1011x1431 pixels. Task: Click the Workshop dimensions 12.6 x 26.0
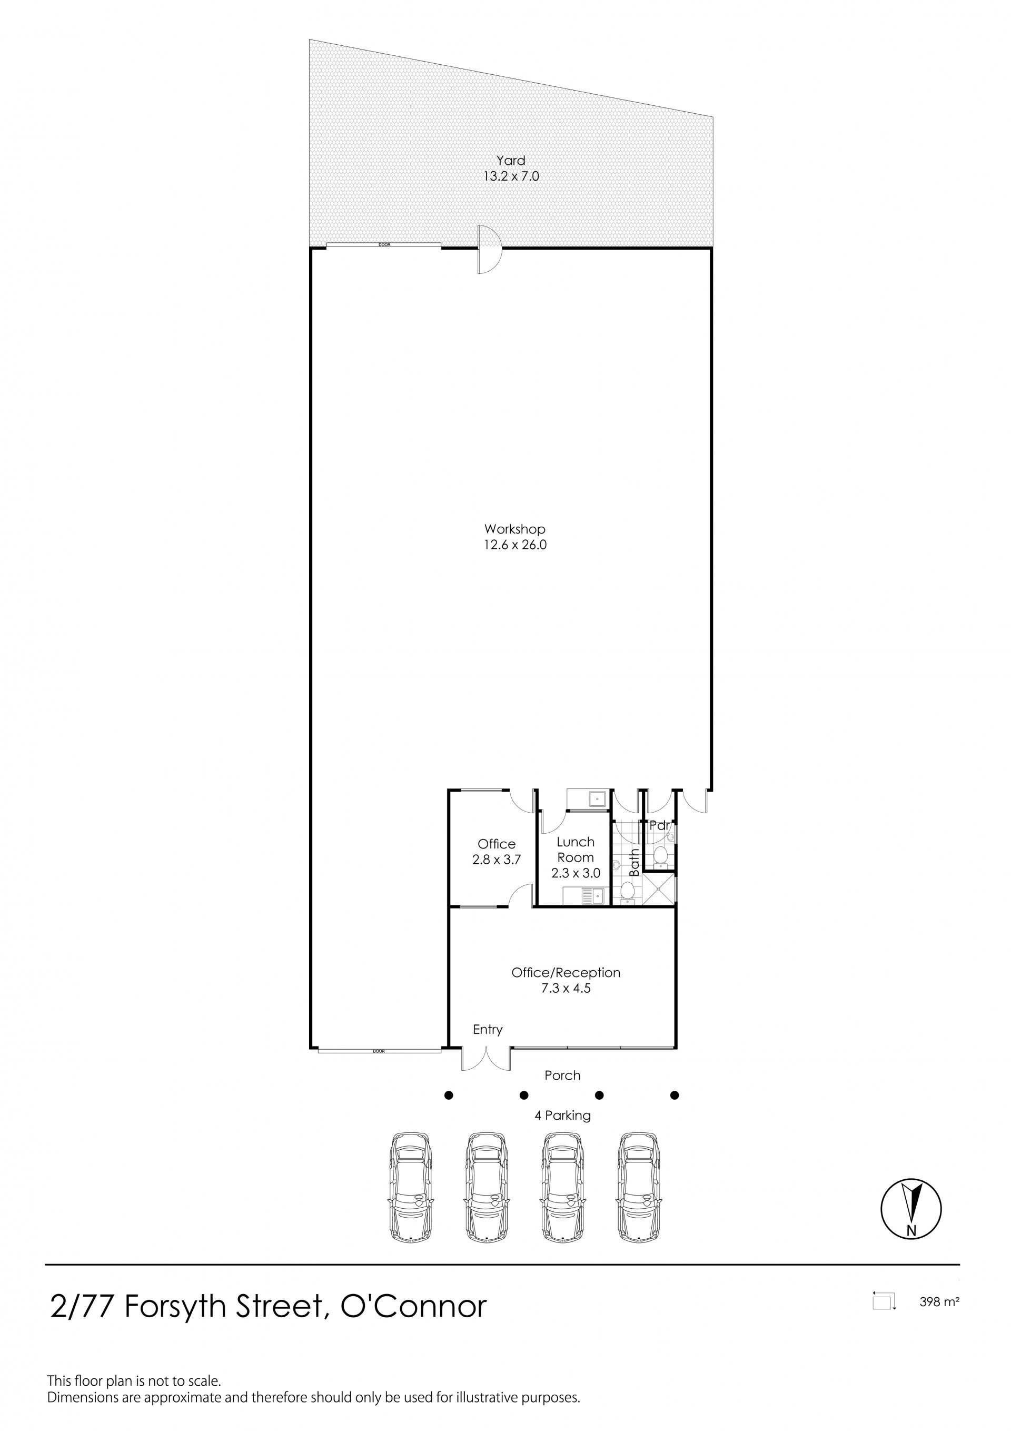pyautogui.click(x=515, y=545)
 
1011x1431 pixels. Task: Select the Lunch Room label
pyautogui.click(x=576, y=849)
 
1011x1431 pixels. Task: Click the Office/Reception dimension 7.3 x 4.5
pyautogui.click(x=566, y=988)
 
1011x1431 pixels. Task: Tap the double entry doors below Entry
pyautogui.click(x=486, y=1058)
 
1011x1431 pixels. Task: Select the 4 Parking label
pyautogui.click(x=562, y=1116)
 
